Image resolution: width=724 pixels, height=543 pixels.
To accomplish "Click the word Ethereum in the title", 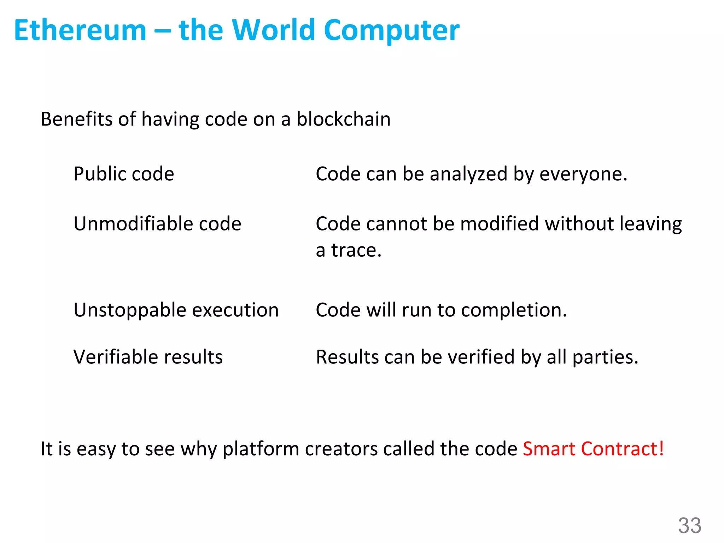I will (80, 30).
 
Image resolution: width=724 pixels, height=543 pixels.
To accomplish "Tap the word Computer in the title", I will (391, 30).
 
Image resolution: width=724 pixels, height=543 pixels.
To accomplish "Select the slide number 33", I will (689, 526).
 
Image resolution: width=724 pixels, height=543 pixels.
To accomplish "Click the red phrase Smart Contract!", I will (593, 449).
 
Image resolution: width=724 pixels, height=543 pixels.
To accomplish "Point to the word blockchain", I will (343, 119).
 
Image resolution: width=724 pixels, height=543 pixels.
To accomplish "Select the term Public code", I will (124, 174).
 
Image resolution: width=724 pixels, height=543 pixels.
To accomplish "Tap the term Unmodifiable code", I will (157, 224).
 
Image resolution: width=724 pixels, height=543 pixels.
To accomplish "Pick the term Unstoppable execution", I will (176, 310).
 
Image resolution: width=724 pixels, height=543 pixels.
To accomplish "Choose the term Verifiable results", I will (148, 357).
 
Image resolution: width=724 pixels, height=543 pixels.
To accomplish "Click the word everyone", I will (583, 174).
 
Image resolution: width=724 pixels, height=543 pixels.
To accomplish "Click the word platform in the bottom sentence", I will (261, 449).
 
